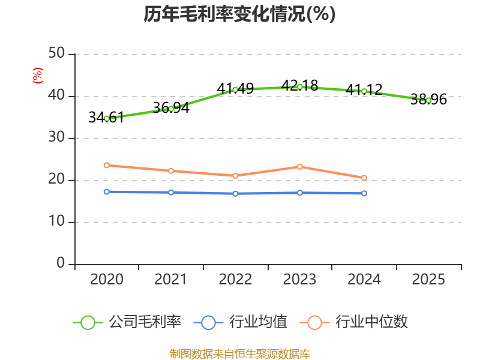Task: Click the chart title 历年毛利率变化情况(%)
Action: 239,14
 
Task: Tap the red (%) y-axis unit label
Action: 38,76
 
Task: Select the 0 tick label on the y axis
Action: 61,263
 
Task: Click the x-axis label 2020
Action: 106,280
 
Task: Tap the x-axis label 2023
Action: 299,280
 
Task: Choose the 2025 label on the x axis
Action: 428,280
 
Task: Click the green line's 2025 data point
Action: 428,100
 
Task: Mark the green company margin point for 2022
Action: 235,89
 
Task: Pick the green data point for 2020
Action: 106,119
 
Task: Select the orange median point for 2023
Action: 299,166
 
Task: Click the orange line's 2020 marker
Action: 106,165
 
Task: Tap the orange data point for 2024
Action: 364,178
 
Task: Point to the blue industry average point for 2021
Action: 171,192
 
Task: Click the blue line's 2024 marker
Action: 364,193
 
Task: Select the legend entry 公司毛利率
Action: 127,322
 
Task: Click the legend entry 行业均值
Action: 241,322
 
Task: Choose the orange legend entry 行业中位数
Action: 358,322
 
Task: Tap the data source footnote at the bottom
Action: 239,354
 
